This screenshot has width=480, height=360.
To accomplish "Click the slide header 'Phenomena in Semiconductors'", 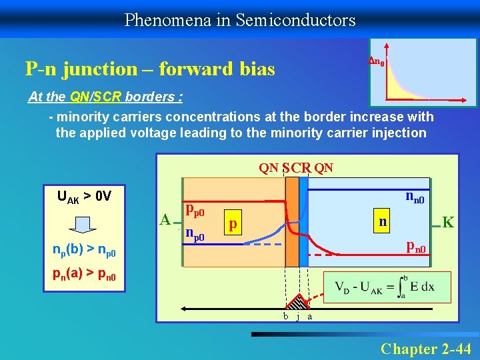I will (240, 20).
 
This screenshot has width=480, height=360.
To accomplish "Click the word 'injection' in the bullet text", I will (400, 133).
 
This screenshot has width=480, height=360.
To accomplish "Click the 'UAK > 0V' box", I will (84, 197).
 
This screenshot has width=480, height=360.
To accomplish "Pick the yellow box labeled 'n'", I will (381, 221).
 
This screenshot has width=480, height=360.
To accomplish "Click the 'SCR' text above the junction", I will (296, 168).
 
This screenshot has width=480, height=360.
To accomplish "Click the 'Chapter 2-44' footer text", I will (425, 348).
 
